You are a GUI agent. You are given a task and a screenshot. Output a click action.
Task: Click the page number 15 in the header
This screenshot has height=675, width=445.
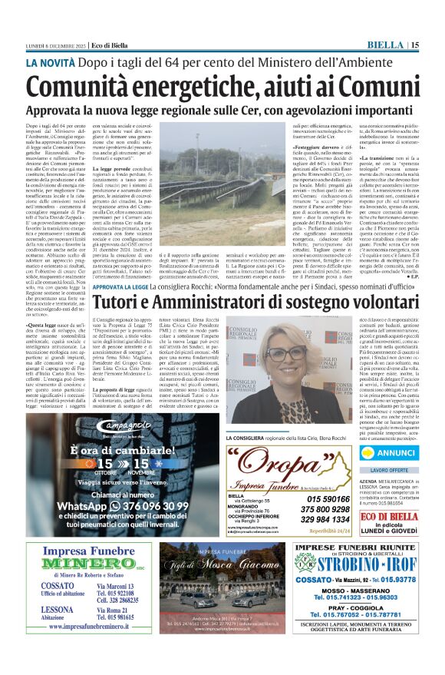415,45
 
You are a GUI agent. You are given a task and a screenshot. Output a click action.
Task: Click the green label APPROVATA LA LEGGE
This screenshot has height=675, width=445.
118,266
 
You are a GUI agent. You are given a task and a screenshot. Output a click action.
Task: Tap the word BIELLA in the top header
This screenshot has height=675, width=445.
387,45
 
